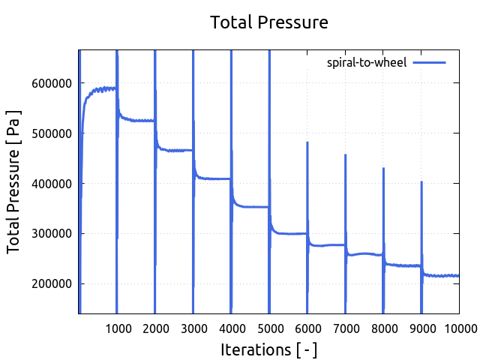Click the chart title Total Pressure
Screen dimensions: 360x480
click(268, 22)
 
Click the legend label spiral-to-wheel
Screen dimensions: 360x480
click(367, 62)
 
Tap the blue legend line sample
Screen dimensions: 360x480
click(429, 62)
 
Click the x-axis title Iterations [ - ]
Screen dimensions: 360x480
click(268, 349)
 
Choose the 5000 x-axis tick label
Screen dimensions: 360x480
click(269, 328)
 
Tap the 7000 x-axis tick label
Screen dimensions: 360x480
click(345, 328)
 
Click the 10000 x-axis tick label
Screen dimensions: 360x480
click(459, 328)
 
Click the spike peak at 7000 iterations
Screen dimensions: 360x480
click(345, 155)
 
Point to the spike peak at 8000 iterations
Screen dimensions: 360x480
click(383, 169)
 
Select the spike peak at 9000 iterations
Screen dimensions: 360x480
click(421, 181)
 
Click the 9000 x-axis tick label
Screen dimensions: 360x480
click(421, 328)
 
